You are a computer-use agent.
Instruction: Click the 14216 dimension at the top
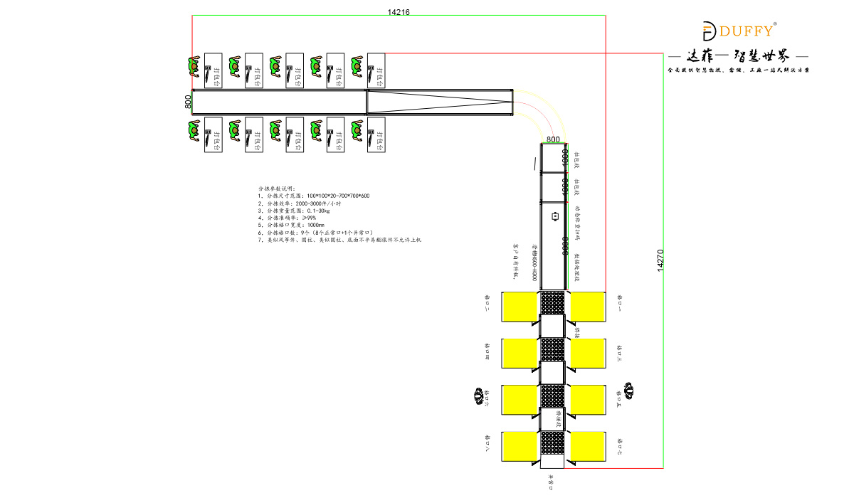click(x=399, y=12)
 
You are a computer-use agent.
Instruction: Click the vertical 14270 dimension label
click(x=660, y=260)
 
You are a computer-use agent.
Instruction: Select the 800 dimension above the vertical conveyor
click(x=554, y=139)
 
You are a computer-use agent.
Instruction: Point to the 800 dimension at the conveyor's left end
click(x=188, y=102)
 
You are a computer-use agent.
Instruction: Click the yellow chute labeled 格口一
click(x=588, y=307)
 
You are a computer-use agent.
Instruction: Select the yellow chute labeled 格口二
click(x=519, y=307)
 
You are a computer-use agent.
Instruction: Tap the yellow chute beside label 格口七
click(x=588, y=446)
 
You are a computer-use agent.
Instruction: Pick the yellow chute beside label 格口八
click(x=519, y=446)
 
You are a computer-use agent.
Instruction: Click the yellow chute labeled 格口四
click(x=519, y=353)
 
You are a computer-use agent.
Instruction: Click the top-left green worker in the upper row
click(x=194, y=67)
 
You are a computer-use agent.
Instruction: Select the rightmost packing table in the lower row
click(x=376, y=135)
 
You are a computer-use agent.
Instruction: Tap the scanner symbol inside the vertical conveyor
click(x=554, y=217)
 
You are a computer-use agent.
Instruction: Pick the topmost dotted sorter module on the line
click(x=553, y=302)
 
